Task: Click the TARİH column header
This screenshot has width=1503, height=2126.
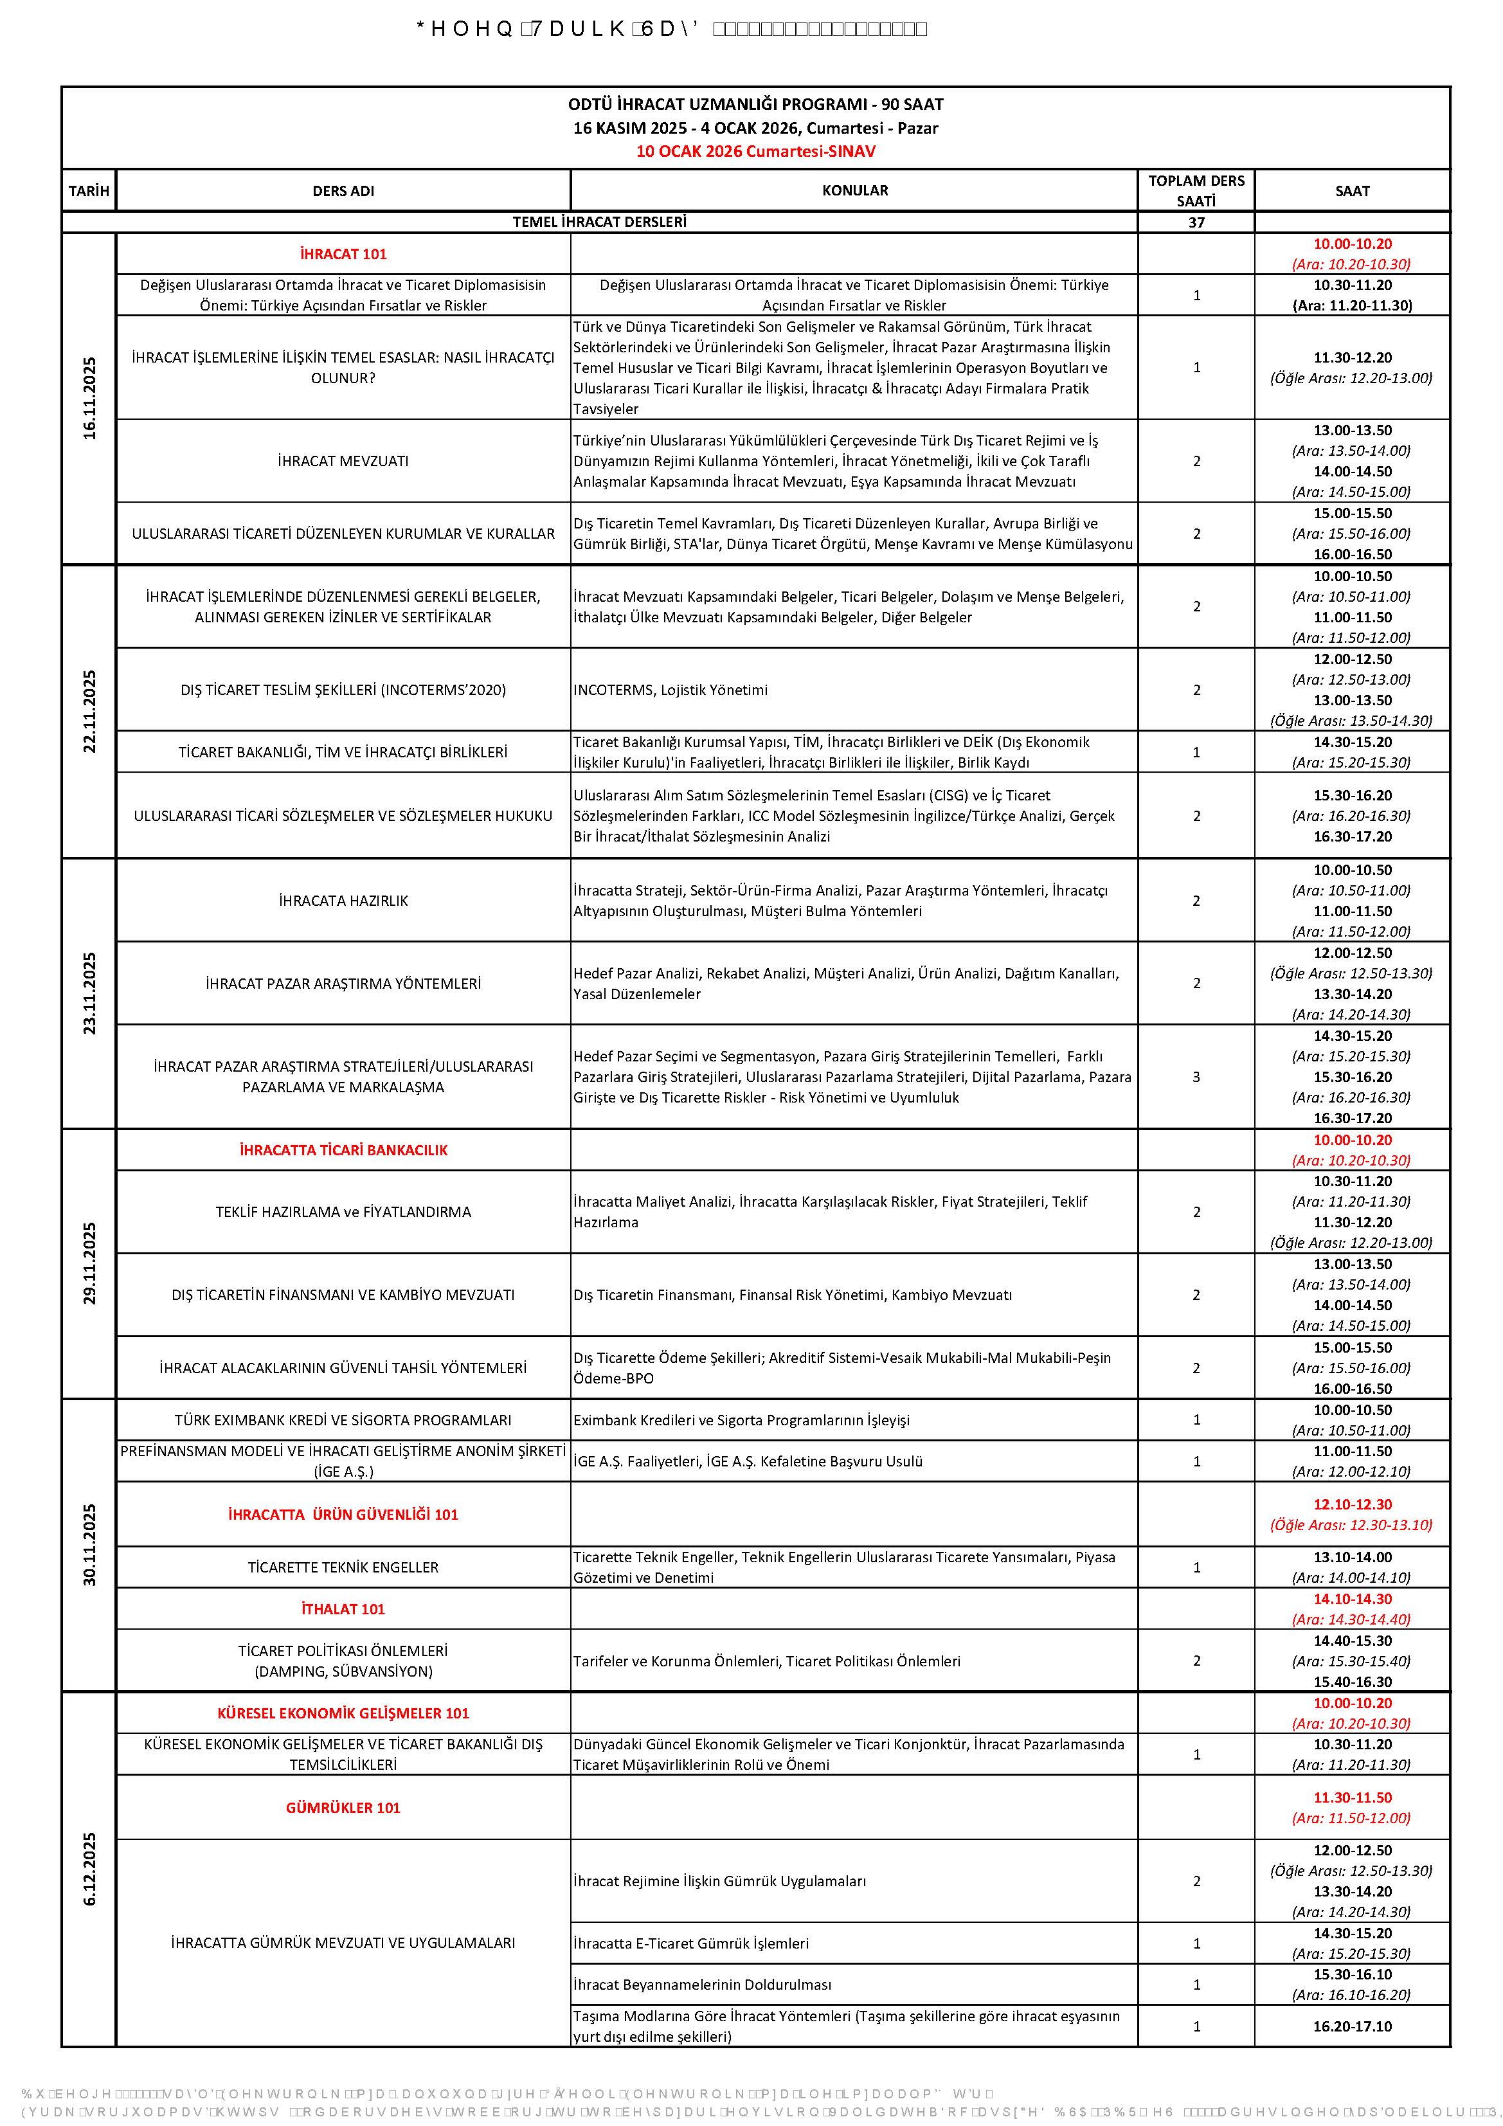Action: tap(89, 191)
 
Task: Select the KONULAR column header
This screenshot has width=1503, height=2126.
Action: tap(854, 191)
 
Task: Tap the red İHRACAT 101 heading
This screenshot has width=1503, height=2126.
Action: tap(343, 254)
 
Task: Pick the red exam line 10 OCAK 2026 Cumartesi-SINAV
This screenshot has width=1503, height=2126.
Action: tap(755, 151)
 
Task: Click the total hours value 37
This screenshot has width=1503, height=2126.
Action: tap(1196, 222)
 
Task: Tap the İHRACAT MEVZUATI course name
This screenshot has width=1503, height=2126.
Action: tap(343, 461)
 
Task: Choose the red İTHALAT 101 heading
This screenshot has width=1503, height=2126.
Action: tap(343, 1608)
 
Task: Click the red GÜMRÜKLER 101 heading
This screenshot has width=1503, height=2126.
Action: tap(343, 1806)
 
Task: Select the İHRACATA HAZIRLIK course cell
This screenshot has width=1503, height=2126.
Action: tap(343, 900)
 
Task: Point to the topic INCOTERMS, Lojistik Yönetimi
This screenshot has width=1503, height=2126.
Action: tap(670, 690)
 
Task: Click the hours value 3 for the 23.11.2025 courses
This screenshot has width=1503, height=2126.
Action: tap(1196, 1077)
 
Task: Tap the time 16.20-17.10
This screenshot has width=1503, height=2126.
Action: tap(1351, 2026)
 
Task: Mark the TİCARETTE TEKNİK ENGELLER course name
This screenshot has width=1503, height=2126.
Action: tap(343, 1567)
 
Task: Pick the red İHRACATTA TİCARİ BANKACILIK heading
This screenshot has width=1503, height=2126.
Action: tap(343, 1150)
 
